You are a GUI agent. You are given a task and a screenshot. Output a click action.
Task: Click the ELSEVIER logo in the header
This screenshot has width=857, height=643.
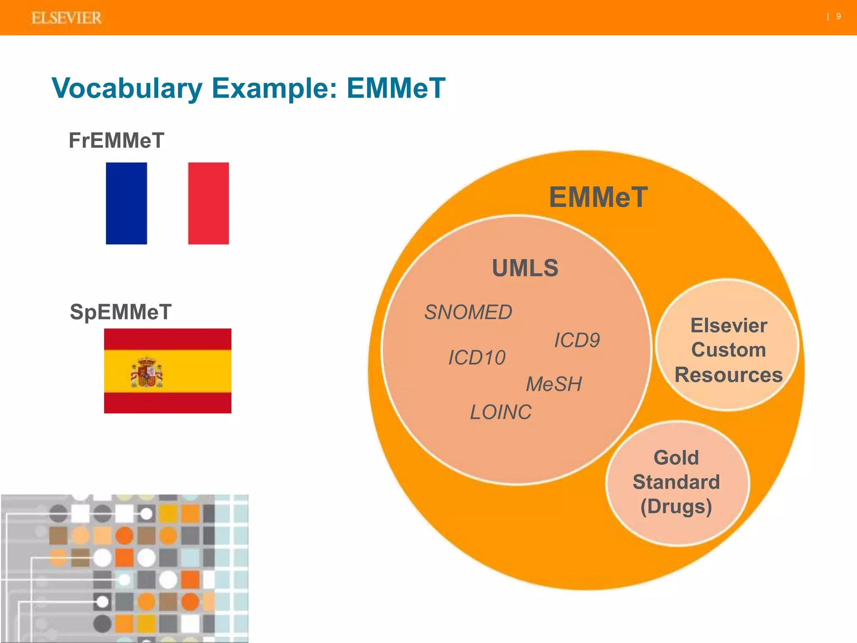pos(66,18)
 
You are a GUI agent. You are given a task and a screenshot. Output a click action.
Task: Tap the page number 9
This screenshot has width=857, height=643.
pos(838,16)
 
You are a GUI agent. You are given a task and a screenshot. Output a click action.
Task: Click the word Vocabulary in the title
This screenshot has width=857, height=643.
pos(127,88)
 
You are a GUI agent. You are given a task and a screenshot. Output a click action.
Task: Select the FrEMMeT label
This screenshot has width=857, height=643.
pos(116,140)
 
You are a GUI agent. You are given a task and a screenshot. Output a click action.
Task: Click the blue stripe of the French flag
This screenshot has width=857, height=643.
pos(126,203)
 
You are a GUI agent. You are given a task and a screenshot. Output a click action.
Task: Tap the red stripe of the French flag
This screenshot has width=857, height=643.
pos(208,203)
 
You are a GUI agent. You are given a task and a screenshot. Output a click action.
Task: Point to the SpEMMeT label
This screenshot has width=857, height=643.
pos(121,312)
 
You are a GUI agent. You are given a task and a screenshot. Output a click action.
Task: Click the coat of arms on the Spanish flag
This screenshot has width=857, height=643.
pos(147,372)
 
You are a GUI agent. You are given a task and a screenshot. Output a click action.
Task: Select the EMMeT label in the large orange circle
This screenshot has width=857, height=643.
pos(598,197)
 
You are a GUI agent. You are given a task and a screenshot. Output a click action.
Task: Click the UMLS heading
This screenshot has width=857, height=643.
pos(525,268)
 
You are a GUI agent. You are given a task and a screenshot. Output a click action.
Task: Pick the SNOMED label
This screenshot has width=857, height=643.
pos(468,312)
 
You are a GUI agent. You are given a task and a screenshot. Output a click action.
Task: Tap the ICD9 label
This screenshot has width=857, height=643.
pos(577,340)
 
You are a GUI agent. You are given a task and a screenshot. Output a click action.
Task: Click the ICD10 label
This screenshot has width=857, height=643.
pos(477,358)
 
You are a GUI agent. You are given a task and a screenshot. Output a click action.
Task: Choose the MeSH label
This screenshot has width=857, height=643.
pos(554,384)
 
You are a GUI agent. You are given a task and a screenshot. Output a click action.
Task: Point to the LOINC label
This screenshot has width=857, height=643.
pos(500,412)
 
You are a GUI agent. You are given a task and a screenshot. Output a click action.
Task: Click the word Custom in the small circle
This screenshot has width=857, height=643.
pos(729,350)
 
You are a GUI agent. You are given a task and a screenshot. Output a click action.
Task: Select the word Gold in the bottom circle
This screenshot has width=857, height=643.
pos(676,458)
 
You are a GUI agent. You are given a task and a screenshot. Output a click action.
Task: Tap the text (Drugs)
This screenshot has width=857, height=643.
pos(676,507)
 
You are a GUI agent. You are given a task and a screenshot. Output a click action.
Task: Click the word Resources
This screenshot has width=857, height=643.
pos(729,375)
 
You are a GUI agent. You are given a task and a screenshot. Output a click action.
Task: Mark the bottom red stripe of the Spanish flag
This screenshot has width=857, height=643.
pos(167,403)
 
